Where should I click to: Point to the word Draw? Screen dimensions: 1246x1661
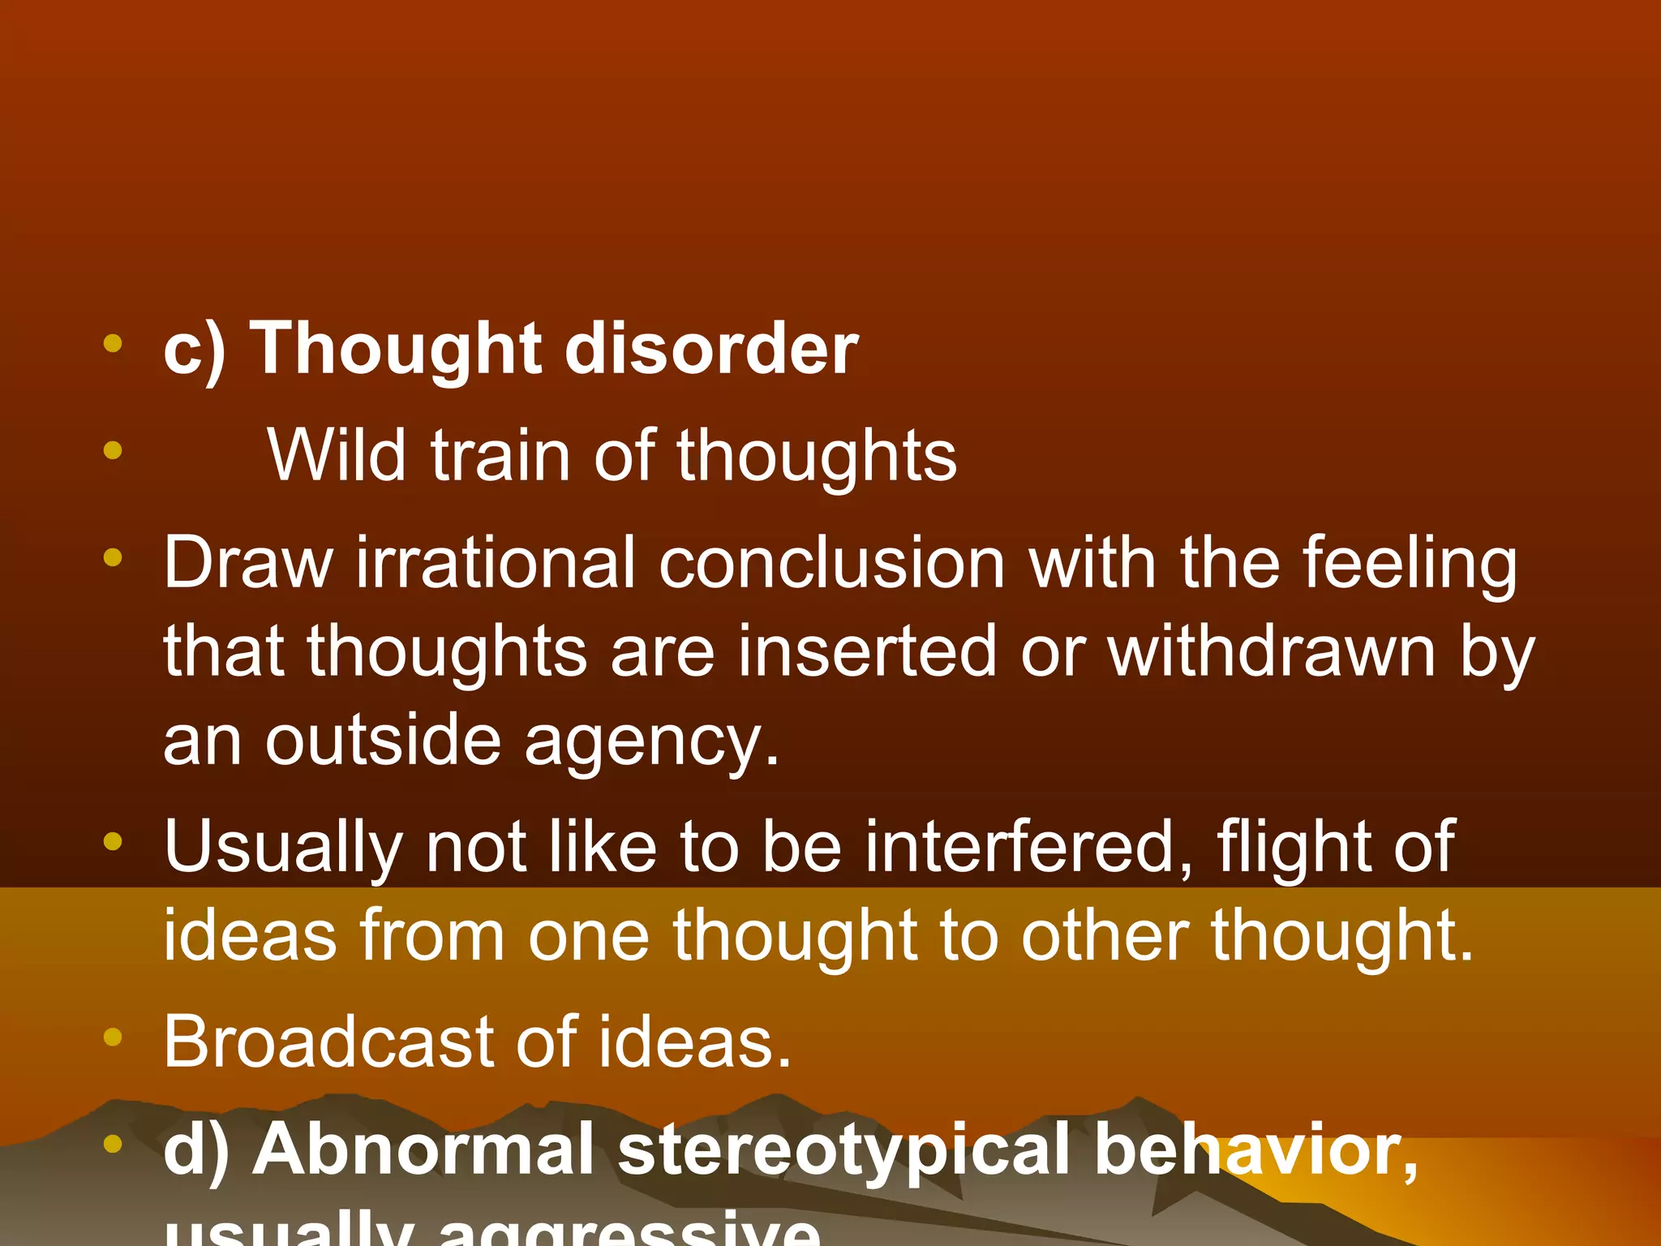(248, 563)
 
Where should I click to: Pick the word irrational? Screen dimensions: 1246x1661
(496, 563)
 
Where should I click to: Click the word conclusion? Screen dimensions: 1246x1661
(832, 563)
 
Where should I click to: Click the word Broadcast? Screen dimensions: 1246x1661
(327, 1042)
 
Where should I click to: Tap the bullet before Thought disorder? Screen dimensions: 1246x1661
(113, 343)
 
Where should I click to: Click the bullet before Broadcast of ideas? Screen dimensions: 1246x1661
(113, 1036)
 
